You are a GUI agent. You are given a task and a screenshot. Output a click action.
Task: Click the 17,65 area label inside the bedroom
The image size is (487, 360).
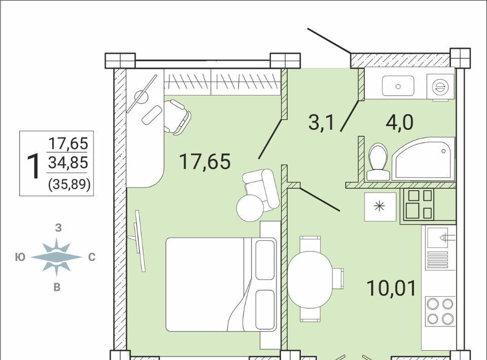205,162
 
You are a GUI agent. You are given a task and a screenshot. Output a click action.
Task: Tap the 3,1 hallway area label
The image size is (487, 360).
321,122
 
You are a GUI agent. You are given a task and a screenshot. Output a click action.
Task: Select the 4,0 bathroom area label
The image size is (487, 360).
399,123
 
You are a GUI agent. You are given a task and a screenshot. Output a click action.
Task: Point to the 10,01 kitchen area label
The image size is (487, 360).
391,288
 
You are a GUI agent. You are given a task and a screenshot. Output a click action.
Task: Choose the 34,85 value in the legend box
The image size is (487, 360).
68,162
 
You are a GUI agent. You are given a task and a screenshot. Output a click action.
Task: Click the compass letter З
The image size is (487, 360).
58,228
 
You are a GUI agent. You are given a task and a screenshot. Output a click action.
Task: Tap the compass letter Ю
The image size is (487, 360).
20,257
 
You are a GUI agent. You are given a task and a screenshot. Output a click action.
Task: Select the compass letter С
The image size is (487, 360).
92,257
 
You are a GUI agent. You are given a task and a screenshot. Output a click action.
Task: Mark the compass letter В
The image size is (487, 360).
57,287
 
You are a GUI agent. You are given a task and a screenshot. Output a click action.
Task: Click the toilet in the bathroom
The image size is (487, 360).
378,161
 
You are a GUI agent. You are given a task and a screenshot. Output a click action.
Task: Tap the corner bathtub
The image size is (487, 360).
423,158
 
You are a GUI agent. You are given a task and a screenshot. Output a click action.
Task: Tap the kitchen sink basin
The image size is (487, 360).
437,238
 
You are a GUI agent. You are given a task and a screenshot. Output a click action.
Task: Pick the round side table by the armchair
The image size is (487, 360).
250,208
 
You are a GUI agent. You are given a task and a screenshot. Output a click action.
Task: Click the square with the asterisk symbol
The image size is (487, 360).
380,207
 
